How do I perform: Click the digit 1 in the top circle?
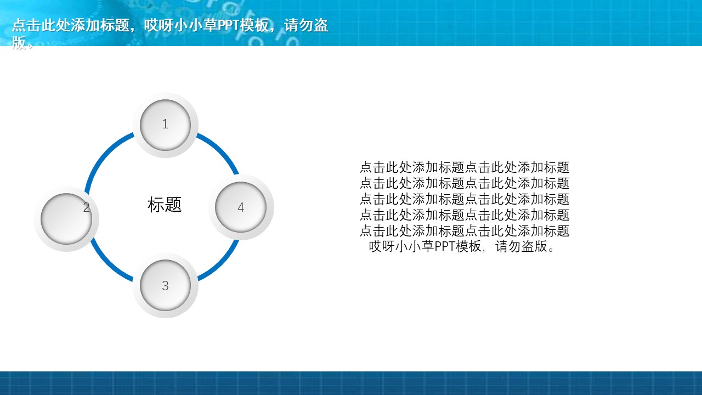click(165, 124)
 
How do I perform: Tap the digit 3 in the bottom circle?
click(165, 286)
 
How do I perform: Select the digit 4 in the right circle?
click(241, 207)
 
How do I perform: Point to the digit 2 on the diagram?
click(87, 207)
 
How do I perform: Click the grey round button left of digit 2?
click(66, 219)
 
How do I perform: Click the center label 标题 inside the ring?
click(165, 205)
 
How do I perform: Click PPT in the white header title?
click(228, 25)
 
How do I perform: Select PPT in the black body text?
click(445, 246)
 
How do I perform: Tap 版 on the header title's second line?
click(19, 43)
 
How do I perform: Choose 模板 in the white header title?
click(254, 25)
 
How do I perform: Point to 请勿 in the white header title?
click(298, 25)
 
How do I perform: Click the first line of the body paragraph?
click(465, 167)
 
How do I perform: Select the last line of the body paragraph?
click(462, 246)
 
